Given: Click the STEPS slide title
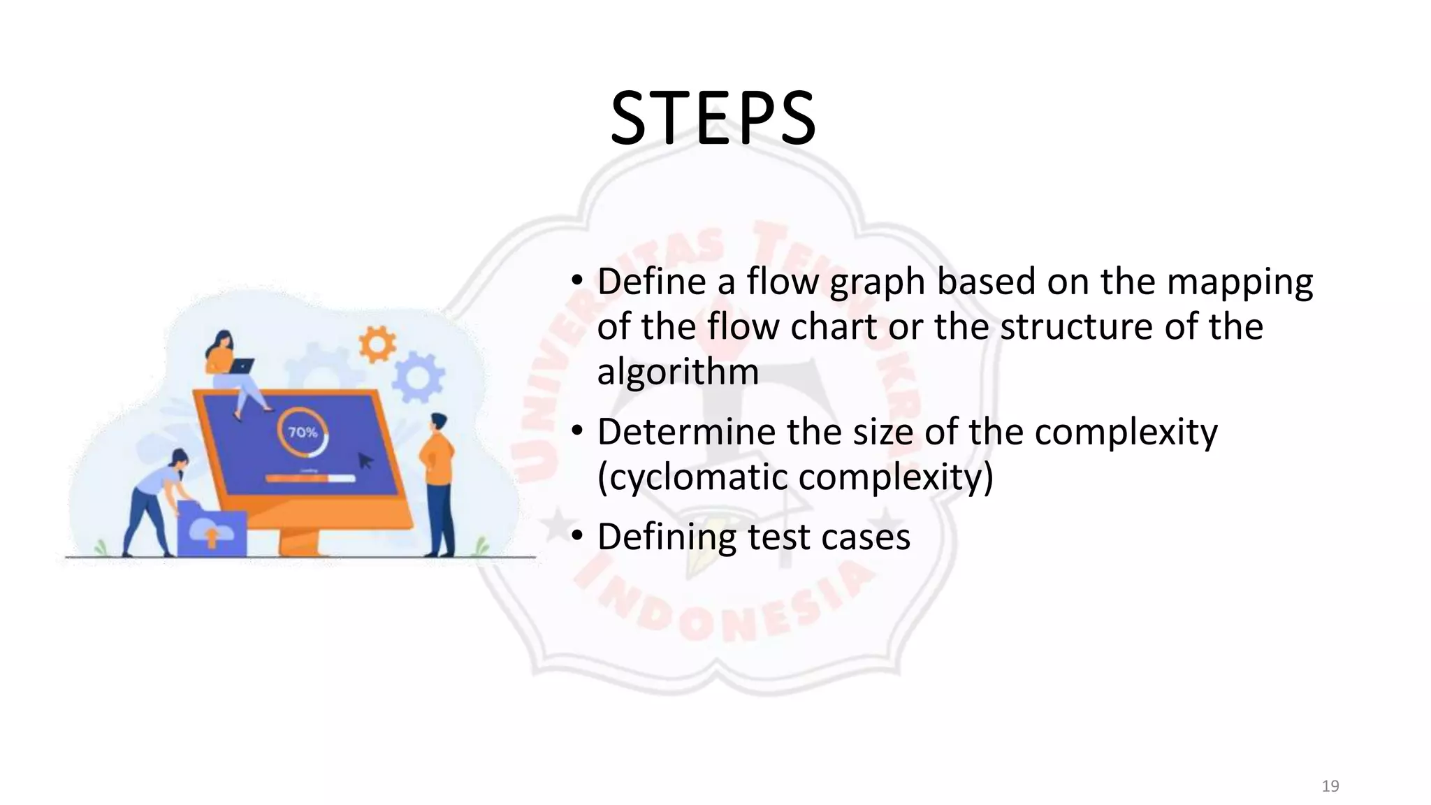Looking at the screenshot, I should coord(713,119).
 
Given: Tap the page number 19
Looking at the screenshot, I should coord(1330,786).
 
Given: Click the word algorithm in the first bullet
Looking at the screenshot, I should coord(678,372).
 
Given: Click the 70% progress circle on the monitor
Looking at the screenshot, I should coord(303,433).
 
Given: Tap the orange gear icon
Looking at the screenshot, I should coord(377,344).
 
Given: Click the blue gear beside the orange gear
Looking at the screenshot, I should coord(418,378).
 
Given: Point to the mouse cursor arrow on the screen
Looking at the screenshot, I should coord(365,460).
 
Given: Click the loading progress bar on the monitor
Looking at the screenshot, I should coord(310,479).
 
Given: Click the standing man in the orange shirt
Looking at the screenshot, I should coord(438,482).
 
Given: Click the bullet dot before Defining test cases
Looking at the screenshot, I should coord(576,536).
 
